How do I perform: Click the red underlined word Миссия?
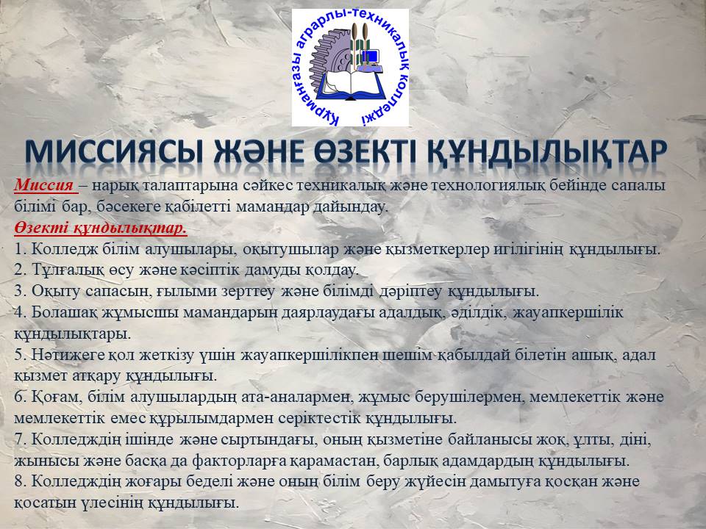tap(44, 185)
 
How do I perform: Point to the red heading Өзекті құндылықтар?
tap(101, 228)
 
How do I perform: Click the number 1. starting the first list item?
tap(21, 249)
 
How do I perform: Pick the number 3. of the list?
tap(21, 291)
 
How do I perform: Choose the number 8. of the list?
tap(21, 481)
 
